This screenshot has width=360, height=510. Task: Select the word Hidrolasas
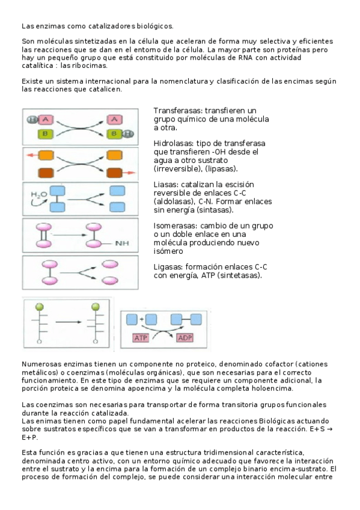coord(175,144)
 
